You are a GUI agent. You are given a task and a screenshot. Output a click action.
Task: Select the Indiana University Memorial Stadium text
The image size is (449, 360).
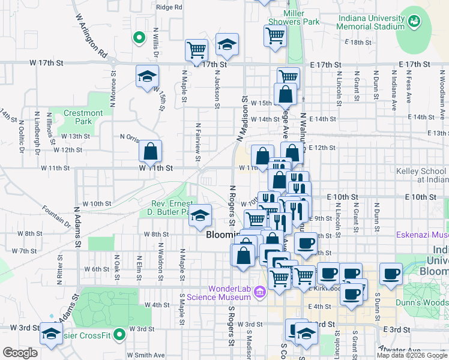[x=372, y=22]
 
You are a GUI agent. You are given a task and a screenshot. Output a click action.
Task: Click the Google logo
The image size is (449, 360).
[x=20, y=352]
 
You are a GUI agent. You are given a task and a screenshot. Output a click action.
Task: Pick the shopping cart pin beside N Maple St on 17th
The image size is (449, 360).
[x=196, y=50]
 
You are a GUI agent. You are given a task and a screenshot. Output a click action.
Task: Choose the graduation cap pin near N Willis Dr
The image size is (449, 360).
[x=146, y=76]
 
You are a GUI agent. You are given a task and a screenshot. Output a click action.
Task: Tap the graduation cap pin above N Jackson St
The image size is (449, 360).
[x=227, y=44]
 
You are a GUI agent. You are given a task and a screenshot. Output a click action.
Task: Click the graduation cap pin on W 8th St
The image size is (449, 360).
[x=200, y=215]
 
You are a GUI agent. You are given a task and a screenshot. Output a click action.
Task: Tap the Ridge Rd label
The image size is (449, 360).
[x=169, y=7]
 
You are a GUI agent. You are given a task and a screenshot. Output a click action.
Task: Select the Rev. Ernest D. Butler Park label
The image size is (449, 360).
[x=169, y=208]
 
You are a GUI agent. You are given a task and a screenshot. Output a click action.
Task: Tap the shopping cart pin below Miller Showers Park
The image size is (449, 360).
[x=274, y=35]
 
